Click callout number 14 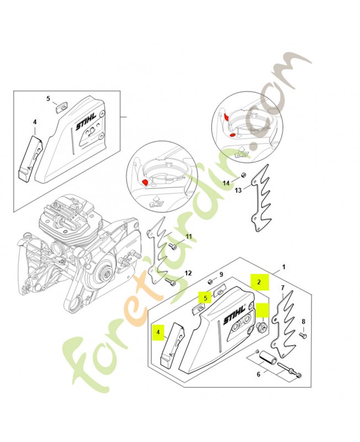(226, 183)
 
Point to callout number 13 (238, 190)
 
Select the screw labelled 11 (173, 247)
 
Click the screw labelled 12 (170, 281)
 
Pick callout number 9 (221, 274)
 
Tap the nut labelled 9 (210, 282)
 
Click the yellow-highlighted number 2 (259, 282)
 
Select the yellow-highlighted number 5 (205, 298)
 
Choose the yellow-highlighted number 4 (158, 332)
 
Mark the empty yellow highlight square (262, 311)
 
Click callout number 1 (284, 266)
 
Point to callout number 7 (283, 287)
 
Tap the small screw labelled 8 (303, 335)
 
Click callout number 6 (258, 375)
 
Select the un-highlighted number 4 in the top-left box (35, 122)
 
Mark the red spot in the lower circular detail (145, 182)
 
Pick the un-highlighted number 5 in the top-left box (48, 98)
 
